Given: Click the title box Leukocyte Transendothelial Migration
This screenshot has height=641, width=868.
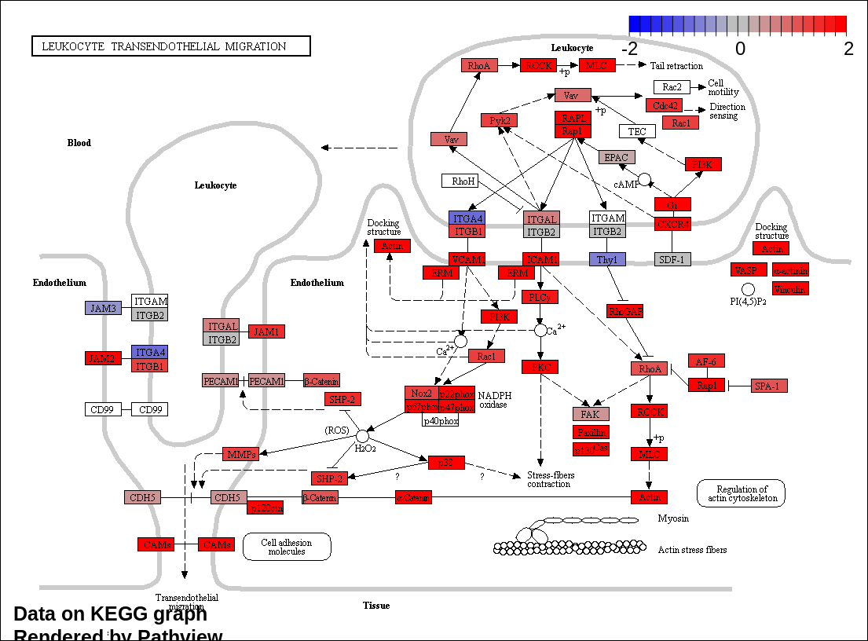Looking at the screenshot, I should (171, 46).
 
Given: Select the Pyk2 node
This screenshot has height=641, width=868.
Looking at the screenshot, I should (500, 120).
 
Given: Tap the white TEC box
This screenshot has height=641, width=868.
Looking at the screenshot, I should (637, 131).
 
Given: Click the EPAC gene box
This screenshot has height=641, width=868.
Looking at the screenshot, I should (617, 157).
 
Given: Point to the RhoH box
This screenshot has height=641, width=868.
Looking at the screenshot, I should (460, 181).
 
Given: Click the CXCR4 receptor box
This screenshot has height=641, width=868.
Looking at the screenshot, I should (672, 225).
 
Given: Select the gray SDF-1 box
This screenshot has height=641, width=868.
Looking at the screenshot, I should (672, 259).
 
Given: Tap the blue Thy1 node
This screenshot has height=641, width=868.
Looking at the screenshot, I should (607, 259).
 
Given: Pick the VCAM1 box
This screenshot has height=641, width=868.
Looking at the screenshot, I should (467, 259).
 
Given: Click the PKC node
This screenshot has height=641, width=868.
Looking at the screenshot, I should (540, 368).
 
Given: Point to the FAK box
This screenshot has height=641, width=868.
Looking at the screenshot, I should (591, 414).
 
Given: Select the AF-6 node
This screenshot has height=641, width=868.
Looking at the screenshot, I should (706, 361).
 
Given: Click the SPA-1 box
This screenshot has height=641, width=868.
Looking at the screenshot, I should (769, 386).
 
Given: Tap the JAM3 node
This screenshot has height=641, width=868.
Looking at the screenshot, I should (103, 308).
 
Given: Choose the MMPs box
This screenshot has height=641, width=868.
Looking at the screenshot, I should (240, 454).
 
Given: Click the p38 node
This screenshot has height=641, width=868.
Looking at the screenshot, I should (446, 463).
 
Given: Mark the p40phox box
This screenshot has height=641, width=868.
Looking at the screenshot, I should (441, 421).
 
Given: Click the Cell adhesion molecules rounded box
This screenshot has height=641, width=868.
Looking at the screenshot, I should (287, 547).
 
